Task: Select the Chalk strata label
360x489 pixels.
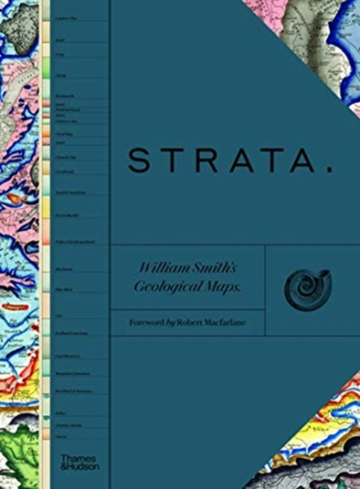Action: pos(60,76)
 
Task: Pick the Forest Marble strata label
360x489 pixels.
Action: pos(64,216)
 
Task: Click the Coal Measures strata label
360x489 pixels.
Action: pos(65,355)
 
